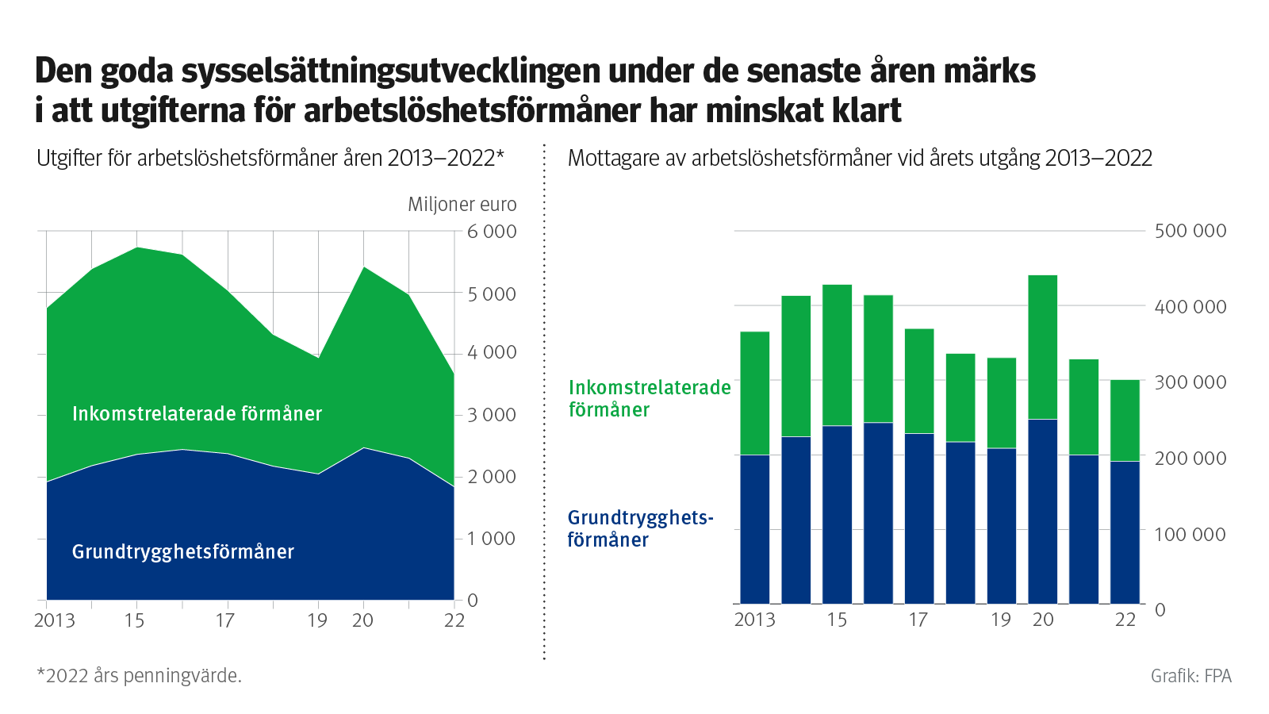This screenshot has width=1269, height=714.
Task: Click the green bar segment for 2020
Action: click(1042, 347)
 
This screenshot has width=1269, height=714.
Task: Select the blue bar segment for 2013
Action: click(754, 529)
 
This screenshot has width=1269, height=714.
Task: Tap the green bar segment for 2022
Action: click(1125, 420)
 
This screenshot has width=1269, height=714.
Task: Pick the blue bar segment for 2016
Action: click(878, 513)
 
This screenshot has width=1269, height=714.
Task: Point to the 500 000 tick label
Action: click(1190, 231)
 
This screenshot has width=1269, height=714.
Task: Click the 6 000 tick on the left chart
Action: click(491, 232)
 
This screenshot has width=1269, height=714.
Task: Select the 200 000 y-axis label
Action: click(1190, 458)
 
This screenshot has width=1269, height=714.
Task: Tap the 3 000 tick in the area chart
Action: click(491, 414)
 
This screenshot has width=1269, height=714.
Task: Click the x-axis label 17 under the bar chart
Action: click(918, 620)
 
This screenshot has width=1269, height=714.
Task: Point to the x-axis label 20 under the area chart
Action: click(362, 620)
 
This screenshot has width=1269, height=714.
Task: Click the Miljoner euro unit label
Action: click(462, 205)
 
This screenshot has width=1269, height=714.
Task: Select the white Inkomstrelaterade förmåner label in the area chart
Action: click(197, 413)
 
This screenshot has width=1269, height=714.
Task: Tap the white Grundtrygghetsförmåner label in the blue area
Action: click(182, 551)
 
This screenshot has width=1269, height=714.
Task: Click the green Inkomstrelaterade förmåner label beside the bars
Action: click(649, 398)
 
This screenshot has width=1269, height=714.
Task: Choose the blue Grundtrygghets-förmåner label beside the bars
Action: click(639, 528)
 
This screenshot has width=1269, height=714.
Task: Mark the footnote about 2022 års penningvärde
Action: click(139, 676)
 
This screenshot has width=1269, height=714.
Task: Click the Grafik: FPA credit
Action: click(1190, 676)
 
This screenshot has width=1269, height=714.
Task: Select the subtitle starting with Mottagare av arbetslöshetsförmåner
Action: click(860, 158)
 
